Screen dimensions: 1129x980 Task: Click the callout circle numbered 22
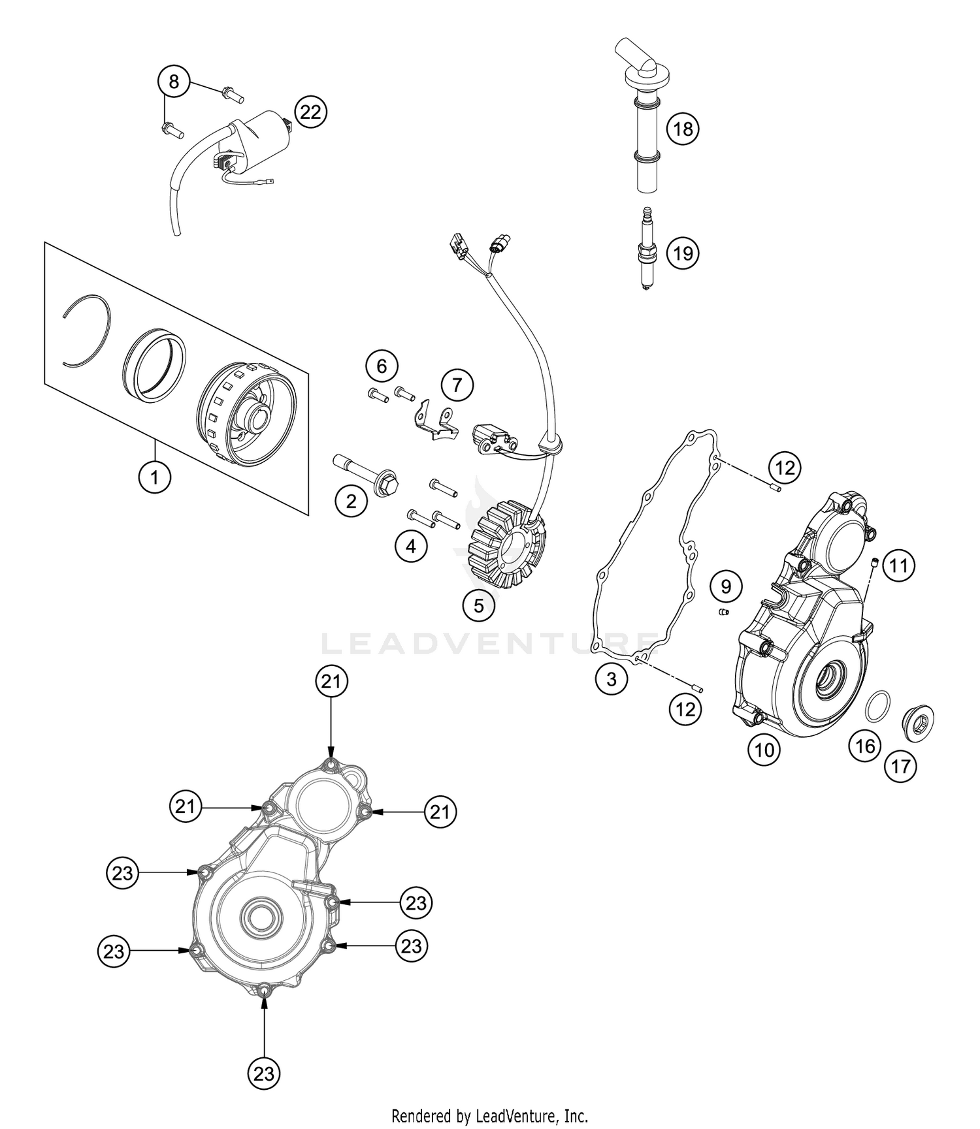(x=310, y=112)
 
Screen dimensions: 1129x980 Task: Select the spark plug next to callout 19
(x=647, y=253)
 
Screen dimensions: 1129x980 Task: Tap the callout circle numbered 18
(x=683, y=129)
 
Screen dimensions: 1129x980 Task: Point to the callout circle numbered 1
(x=155, y=477)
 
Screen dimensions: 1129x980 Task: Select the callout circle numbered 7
(x=457, y=385)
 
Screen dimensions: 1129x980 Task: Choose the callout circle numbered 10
(x=764, y=750)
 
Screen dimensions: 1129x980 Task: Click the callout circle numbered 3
(x=611, y=679)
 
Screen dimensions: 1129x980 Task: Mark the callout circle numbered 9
(x=726, y=586)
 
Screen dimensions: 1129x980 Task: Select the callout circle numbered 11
(x=899, y=565)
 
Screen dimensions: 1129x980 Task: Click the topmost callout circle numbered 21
(x=331, y=682)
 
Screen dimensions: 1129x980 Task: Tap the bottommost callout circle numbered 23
(x=264, y=1073)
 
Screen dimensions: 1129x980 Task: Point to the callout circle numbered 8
(x=174, y=82)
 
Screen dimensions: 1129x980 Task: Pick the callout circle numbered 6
(x=382, y=366)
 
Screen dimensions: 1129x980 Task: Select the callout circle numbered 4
(x=411, y=546)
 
